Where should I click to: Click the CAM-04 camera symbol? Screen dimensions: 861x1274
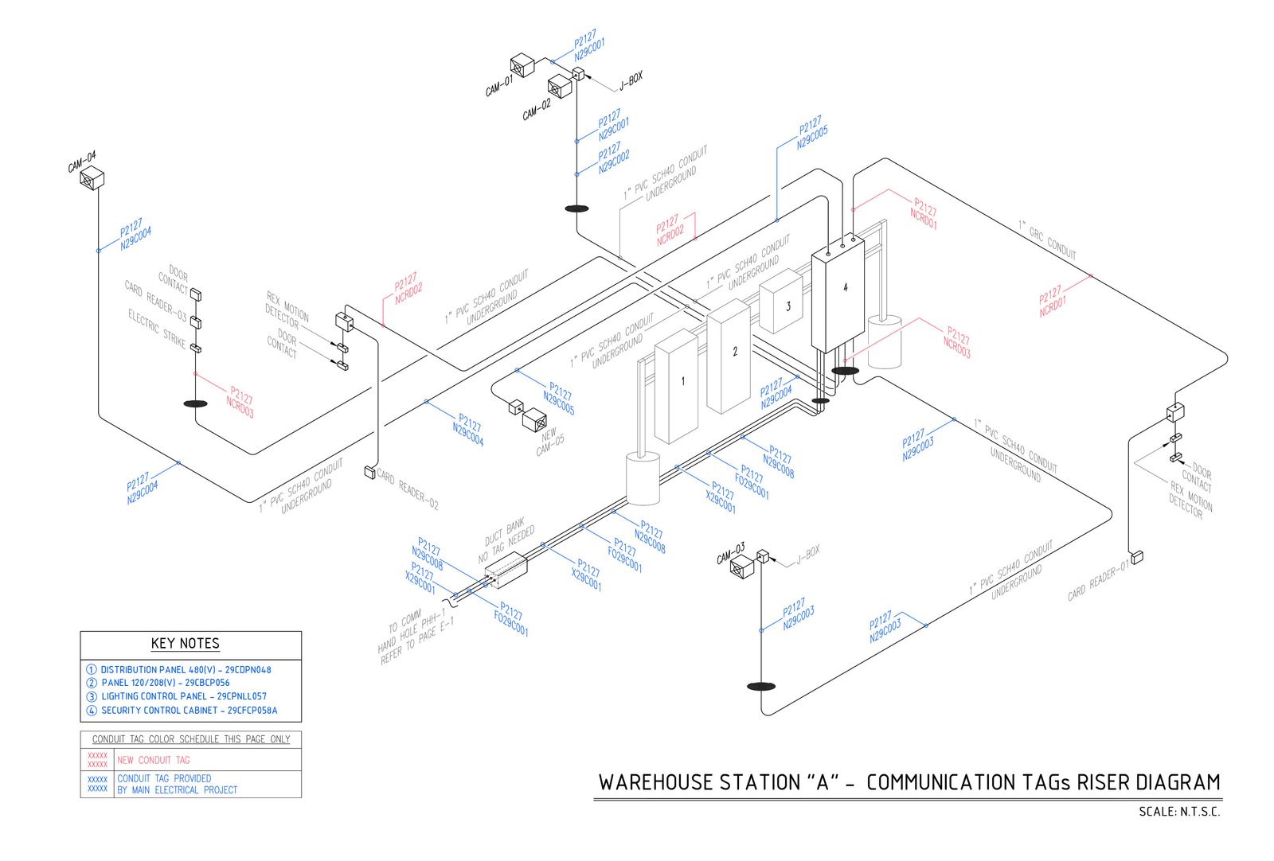(x=92, y=178)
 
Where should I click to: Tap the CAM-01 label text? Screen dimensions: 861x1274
(x=499, y=85)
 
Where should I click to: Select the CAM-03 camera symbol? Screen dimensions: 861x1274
(x=742, y=567)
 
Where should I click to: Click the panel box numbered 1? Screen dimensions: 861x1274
(x=676, y=385)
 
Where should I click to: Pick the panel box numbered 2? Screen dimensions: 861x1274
(x=729, y=355)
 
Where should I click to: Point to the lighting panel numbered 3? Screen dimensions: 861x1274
(x=781, y=302)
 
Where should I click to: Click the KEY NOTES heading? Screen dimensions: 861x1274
(x=185, y=644)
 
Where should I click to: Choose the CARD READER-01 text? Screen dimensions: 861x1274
(x=1098, y=581)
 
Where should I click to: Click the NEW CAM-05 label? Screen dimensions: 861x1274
(x=549, y=442)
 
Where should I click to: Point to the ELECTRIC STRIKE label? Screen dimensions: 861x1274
(x=157, y=328)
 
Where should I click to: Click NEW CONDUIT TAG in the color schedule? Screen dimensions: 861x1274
(x=154, y=760)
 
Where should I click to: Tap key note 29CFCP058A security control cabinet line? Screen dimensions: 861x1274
(x=189, y=711)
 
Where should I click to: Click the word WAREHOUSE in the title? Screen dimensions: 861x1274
(x=655, y=782)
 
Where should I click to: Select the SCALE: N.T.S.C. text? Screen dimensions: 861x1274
(x=1179, y=812)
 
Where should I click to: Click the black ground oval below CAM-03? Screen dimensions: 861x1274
(x=760, y=686)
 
